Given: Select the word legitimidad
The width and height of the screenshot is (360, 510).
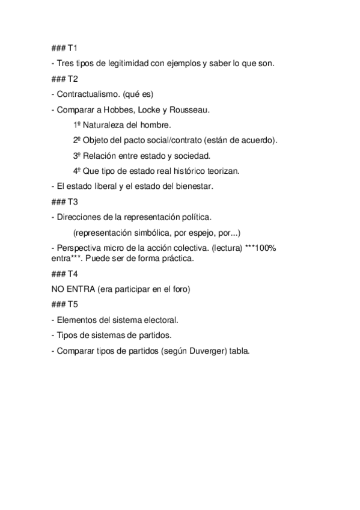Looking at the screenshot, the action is pyautogui.click(x=125, y=63).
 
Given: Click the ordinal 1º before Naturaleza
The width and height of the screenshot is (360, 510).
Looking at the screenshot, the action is pyautogui.click(x=78, y=125).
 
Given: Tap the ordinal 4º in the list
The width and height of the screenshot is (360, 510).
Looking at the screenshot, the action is pyautogui.click(x=78, y=171).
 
